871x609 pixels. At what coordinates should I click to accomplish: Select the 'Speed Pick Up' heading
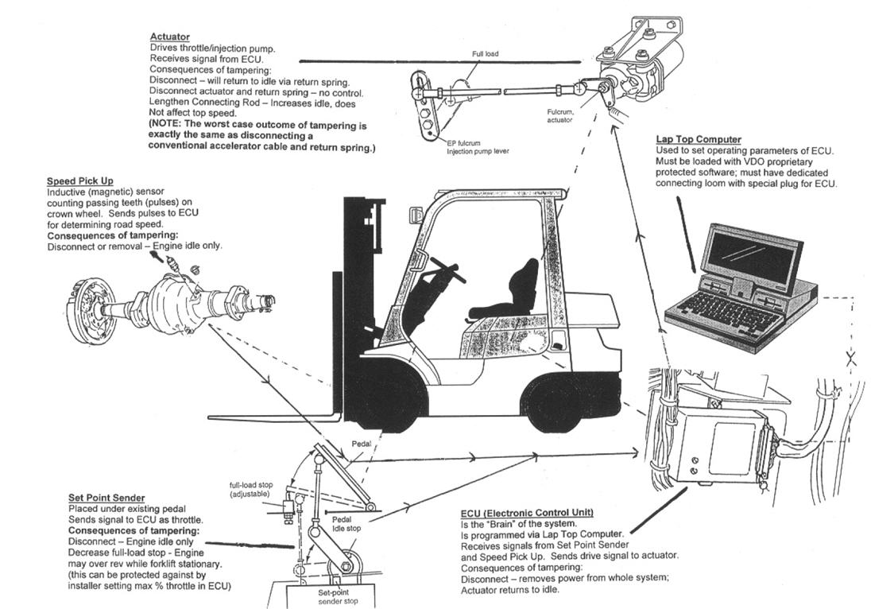click(79, 181)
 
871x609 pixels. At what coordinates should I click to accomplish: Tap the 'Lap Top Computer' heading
click(699, 140)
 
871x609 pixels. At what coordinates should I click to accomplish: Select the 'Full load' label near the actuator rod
click(484, 54)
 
